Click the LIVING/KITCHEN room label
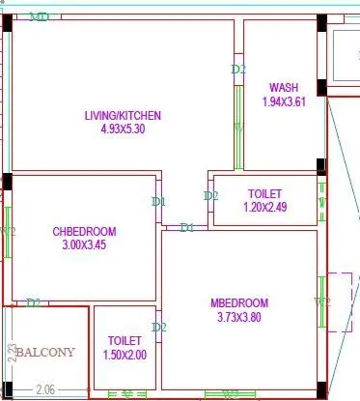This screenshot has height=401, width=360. [x=123, y=116]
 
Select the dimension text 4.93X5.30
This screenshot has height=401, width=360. [x=123, y=129]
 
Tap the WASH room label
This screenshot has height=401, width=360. [x=284, y=87]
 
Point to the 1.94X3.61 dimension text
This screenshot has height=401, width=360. [x=284, y=100]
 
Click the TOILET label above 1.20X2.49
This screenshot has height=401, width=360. [x=263, y=193]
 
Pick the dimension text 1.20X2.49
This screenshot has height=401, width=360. [x=263, y=207]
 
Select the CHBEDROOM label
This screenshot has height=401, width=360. [x=84, y=232]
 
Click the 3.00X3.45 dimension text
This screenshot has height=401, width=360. [x=84, y=245]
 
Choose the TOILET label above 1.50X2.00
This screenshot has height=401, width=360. [x=125, y=341]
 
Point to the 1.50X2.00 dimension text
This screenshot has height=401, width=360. [x=125, y=355]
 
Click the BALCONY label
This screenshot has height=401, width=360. [x=44, y=353]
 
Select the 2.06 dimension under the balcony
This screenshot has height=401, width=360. [x=44, y=389]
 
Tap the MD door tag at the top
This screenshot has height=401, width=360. [x=40, y=17]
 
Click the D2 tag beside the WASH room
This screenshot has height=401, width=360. [x=239, y=70]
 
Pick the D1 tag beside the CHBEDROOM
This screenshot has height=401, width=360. [x=159, y=202]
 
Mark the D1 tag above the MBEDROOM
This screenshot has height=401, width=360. [x=187, y=228]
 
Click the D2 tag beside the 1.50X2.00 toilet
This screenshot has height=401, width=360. [x=160, y=328]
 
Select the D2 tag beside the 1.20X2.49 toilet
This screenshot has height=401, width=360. [x=210, y=196]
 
